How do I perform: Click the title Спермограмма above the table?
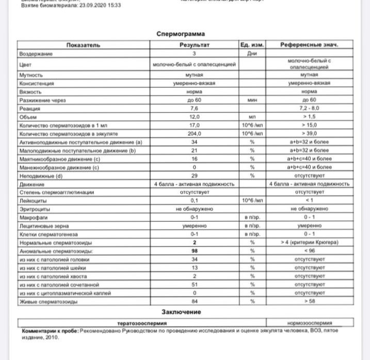[185, 35]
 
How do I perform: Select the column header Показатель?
[83, 45]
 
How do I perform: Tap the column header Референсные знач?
[309, 45]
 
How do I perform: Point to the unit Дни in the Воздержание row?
[252, 53]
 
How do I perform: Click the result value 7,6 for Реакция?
[195, 108]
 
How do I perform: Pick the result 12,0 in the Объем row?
[195, 117]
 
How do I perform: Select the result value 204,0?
[195, 133]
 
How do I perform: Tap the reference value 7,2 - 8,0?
[309, 108]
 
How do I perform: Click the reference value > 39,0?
[309, 133]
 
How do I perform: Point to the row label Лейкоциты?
[30, 201]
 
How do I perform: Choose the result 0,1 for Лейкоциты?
[195, 201]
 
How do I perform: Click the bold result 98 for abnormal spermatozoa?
[195, 251]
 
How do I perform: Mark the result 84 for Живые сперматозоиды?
[195, 301]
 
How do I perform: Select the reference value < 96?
[309, 251]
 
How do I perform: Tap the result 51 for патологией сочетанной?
[195, 284]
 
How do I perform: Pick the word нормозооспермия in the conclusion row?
[309, 322]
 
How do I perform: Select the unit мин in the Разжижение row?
[252, 100]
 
